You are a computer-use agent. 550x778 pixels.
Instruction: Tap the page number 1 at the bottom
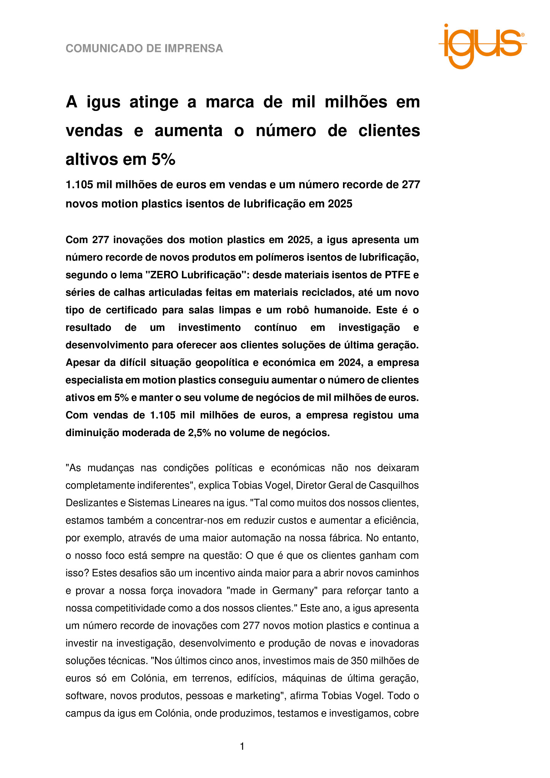(x=242, y=746)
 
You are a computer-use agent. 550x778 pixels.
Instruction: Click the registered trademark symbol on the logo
(x=523, y=35)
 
